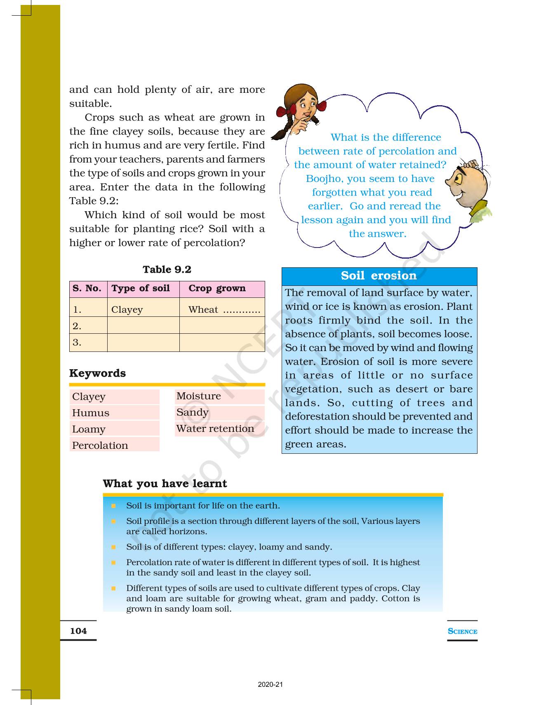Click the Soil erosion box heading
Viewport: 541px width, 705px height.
379,276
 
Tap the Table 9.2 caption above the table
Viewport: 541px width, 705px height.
167,270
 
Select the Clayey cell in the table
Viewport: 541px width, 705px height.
127,310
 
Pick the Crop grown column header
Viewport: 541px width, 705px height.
217,288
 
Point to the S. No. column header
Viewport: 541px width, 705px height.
87,288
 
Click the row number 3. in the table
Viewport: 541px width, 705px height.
77,342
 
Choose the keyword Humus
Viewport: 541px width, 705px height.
91,413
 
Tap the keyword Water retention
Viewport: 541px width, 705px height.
215,429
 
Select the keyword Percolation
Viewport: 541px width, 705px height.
100,446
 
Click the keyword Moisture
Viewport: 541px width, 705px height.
199,396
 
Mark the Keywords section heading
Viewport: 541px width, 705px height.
97,373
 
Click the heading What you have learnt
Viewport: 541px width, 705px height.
165,483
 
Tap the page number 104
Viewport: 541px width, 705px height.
78,631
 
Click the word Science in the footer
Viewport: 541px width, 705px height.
462,631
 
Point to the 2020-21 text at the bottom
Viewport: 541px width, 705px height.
270,685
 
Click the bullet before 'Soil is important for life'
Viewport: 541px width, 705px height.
113,506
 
